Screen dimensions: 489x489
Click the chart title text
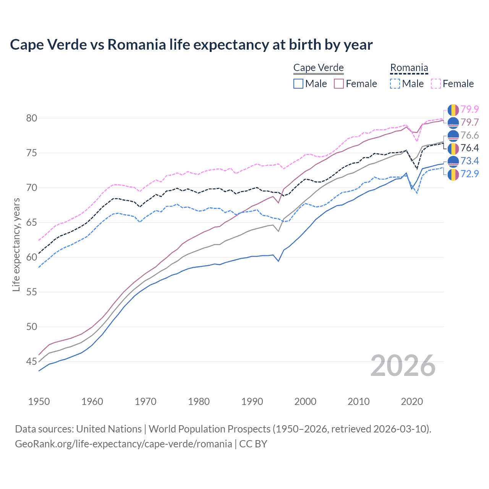191,45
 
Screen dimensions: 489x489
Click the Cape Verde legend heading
318,68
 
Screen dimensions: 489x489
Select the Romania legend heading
409,68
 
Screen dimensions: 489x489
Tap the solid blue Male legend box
298,84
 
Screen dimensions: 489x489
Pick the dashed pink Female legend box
436,84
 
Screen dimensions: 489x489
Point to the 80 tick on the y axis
32,118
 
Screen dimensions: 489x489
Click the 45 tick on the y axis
32,361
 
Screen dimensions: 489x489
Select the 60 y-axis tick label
32,257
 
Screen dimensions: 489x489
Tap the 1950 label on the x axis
39,402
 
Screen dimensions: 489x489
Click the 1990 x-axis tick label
252,402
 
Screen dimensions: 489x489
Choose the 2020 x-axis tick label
412,402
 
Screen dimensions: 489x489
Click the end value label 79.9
470,110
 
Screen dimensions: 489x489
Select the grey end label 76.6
470,136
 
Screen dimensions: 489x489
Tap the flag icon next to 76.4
453,148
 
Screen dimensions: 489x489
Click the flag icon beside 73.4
453,161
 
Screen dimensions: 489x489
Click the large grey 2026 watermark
403,366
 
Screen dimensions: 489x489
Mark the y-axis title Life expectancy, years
16,244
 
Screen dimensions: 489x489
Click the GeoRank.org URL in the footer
123,444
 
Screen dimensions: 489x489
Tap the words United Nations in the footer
109,429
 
